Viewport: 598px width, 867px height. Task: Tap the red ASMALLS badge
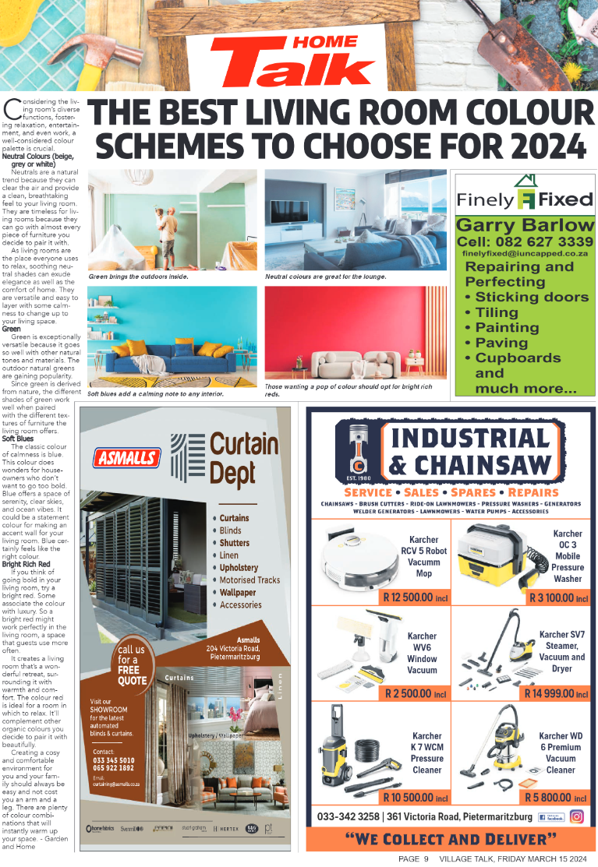click(x=126, y=458)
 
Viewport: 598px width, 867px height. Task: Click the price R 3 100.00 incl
click(x=558, y=598)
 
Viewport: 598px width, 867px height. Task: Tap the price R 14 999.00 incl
click(x=556, y=693)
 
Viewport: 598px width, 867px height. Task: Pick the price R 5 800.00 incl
click(x=557, y=798)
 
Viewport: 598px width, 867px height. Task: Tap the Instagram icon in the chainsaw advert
click(x=577, y=816)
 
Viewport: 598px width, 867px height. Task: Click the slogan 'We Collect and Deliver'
click(x=451, y=839)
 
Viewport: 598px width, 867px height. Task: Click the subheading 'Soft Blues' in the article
click(x=17, y=439)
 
